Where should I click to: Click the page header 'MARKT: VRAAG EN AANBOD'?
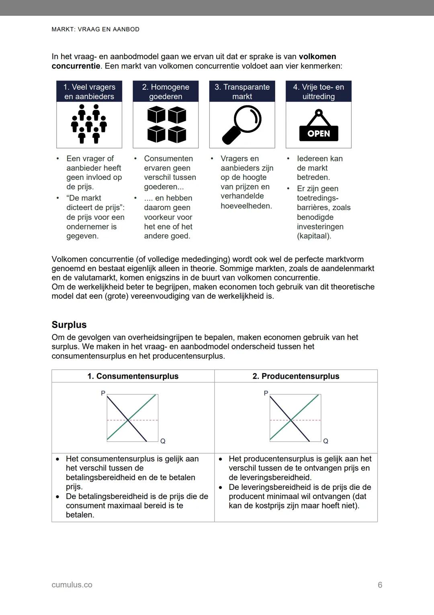click(96, 29)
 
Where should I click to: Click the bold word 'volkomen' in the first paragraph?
click(317, 57)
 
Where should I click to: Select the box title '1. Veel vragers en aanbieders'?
click(89, 92)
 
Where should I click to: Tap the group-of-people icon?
click(89, 124)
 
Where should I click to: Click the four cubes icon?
click(166, 124)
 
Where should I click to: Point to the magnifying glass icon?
click(242, 124)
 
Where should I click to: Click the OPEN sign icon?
click(319, 126)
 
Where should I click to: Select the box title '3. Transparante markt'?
click(242, 92)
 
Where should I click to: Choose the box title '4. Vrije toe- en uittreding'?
click(319, 92)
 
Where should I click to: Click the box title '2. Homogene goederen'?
click(166, 92)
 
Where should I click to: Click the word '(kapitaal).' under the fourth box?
click(314, 236)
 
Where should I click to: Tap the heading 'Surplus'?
click(69, 325)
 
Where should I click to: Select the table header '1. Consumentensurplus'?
click(133, 376)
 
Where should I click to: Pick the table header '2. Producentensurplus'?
click(296, 376)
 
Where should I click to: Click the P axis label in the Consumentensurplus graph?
click(103, 393)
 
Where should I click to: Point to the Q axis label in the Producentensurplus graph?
click(325, 442)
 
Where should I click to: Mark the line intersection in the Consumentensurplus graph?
click(128, 420)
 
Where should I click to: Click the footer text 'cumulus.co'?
click(72, 585)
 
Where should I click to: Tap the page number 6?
click(380, 585)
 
